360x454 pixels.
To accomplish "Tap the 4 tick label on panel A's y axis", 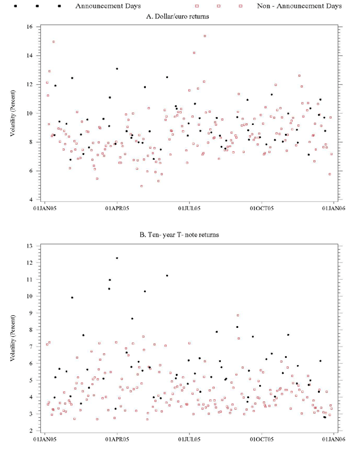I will point(31,199).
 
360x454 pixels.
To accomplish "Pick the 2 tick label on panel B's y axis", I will point(31,431).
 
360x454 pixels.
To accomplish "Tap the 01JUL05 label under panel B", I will point(189,439).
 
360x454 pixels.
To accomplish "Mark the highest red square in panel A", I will point(205,36).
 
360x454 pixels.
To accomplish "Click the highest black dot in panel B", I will point(117,258).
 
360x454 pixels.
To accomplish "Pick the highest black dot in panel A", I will point(117,69).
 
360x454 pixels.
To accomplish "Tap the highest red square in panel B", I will point(238,315).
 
